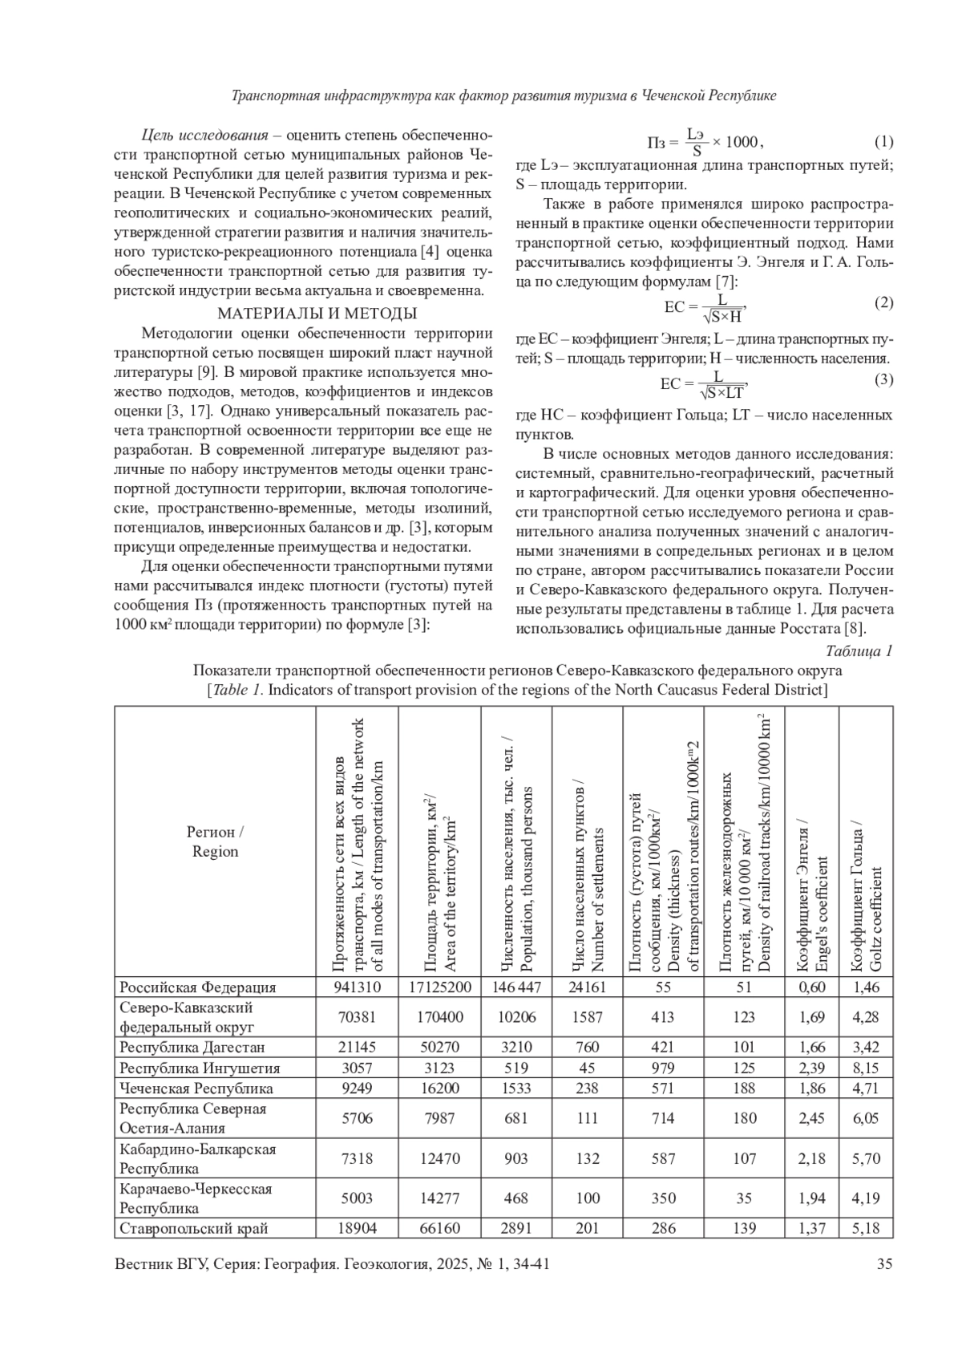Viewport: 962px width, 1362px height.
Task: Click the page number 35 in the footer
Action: [x=884, y=1265]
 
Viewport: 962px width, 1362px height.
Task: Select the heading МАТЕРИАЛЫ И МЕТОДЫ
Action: [x=317, y=314]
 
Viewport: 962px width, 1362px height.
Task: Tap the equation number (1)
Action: [x=883, y=142]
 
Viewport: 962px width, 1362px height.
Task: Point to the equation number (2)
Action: [x=883, y=302]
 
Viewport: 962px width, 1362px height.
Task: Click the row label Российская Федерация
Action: [x=197, y=987]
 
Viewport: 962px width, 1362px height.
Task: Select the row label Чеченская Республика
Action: [x=196, y=1088]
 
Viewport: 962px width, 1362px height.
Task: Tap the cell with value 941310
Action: [x=357, y=987]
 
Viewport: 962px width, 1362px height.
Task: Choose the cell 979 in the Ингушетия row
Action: [x=663, y=1068]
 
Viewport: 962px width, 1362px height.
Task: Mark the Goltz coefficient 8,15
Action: [x=866, y=1068]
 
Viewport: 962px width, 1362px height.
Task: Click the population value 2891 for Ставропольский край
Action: [x=515, y=1228]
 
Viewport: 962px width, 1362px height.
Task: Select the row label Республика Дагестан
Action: [x=192, y=1048]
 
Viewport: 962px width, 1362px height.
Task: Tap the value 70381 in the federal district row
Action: [x=357, y=1017]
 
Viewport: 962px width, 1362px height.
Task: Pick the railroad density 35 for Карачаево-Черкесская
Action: [x=744, y=1198]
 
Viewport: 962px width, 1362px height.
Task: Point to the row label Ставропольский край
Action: [x=194, y=1228]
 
